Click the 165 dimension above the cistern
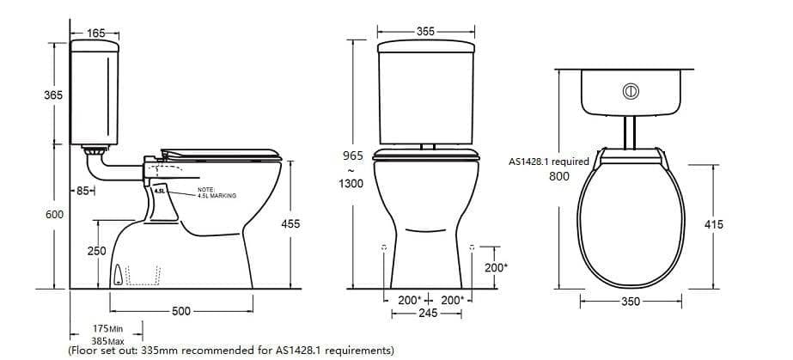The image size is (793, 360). click(x=96, y=33)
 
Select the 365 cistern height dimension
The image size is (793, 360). click(x=52, y=95)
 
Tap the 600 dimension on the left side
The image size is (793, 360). click(x=54, y=214)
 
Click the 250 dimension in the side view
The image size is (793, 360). click(x=97, y=251)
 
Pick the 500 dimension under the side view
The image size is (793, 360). click(x=180, y=311)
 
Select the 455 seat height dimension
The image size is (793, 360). click(x=291, y=223)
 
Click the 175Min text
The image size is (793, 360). click(x=109, y=328)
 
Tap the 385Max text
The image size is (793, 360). click(x=109, y=340)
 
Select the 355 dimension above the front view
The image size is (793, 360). click(x=425, y=31)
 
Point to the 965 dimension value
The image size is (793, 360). click(x=353, y=156)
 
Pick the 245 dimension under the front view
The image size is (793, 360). click(x=427, y=314)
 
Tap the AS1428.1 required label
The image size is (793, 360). click(x=549, y=162)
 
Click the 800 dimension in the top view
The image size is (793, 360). click(x=559, y=176)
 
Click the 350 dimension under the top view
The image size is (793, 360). click(x=631, y=302)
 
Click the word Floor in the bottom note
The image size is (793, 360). click(x=87, y=351)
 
